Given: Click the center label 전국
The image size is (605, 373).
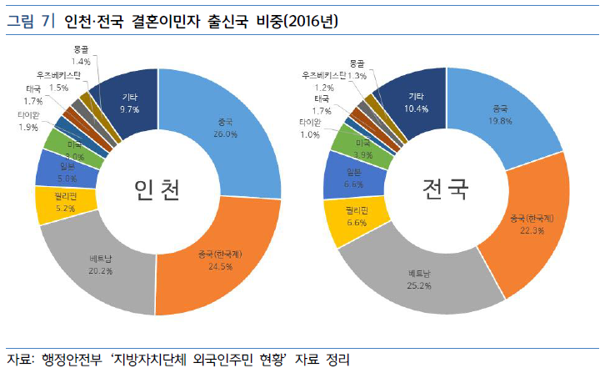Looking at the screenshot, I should pos(444,192).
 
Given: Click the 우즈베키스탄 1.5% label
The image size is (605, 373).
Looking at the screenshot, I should pos(58,81).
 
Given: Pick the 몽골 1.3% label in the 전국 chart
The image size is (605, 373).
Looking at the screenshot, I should pos(357,68).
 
